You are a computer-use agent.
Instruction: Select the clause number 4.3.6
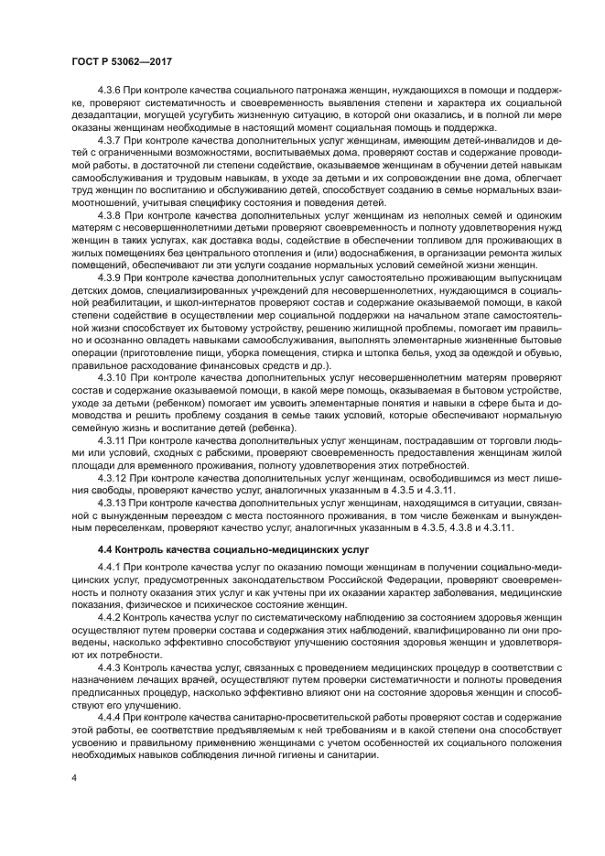click(x=112, y=92)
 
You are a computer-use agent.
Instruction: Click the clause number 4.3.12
click(x=113, y=476)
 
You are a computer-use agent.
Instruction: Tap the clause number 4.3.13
click(x=113, y=503)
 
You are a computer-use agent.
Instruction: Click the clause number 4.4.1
click(x=112, y=569)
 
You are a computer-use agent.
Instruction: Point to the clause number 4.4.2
click(x=112, y=619)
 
